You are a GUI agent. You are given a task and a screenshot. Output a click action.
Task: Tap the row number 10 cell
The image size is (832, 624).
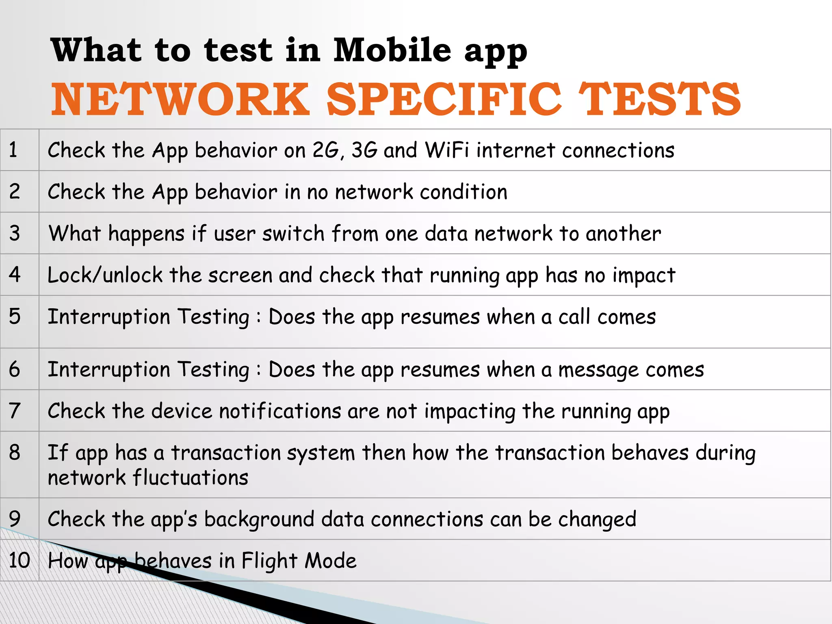[19, 560]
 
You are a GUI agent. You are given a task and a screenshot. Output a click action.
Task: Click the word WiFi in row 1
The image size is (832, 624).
[447, 150]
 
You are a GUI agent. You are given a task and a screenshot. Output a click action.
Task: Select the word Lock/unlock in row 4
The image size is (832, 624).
[105, 275]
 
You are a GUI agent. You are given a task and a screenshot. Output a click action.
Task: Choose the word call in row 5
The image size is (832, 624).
[574, 317]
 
